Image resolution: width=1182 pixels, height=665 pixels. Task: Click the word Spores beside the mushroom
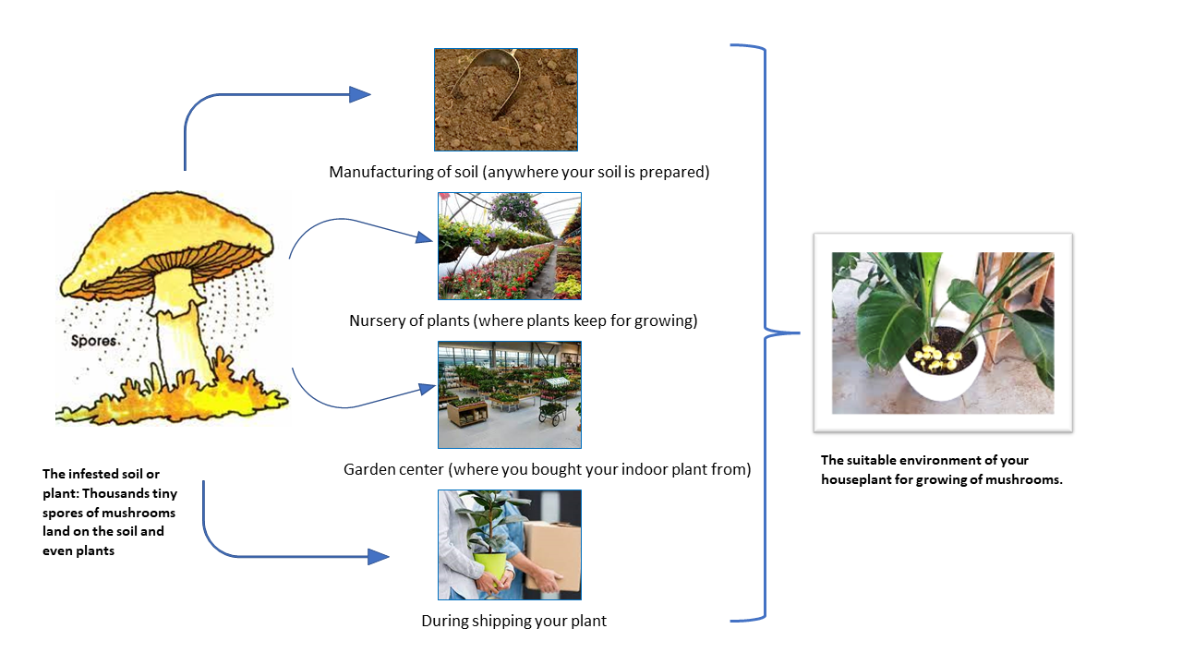pos(94,341)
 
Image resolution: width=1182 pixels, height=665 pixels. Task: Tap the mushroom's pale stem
pos(175,323)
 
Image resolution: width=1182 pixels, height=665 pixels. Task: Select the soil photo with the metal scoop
pos(506,100)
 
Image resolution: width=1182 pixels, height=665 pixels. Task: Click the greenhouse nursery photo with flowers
pos(510,246)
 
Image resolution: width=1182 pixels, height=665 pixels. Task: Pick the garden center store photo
pos(510,395)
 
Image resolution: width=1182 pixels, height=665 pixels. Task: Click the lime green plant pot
pos(490,565)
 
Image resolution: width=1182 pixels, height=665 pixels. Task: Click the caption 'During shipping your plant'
pos(513,621)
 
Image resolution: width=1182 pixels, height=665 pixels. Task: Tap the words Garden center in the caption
pos(394,469)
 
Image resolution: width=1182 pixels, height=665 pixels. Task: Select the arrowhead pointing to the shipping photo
pos(378,556)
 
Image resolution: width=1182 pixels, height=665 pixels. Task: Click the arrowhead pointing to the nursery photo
pos(424,238)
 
